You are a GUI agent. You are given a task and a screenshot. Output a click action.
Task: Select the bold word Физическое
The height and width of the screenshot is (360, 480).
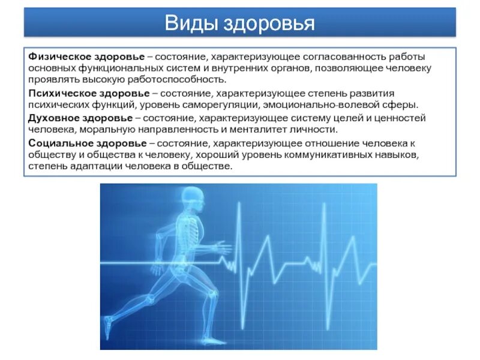point(57,56)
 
